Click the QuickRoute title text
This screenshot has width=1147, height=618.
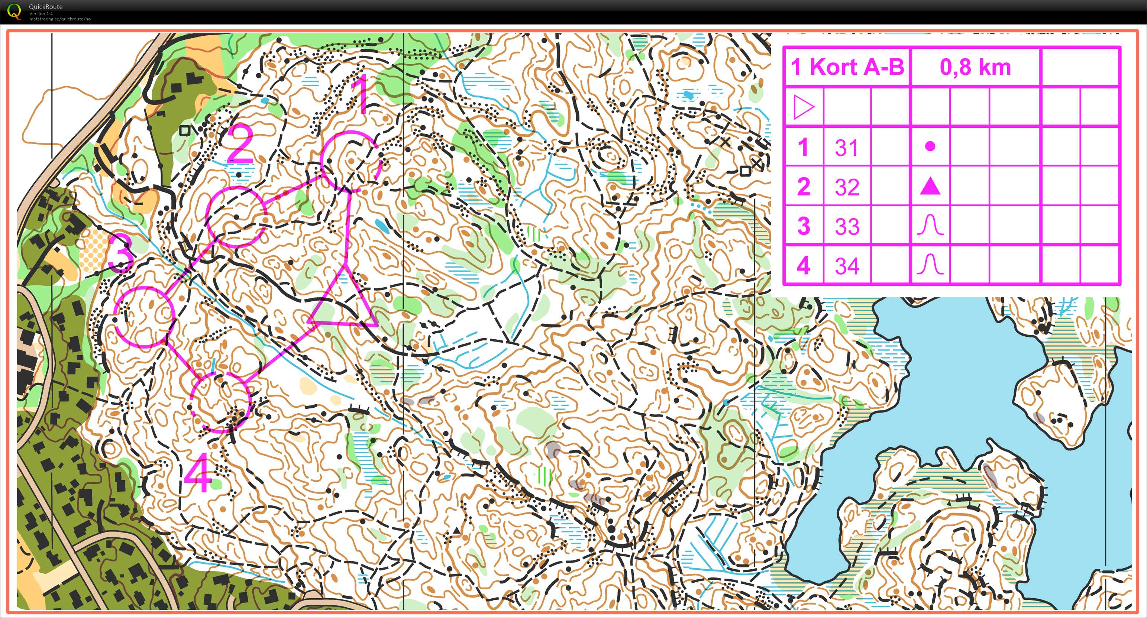pos(45,7)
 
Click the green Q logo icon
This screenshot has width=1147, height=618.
pos(14,11)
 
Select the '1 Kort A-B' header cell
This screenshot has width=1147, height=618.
pos(847,67)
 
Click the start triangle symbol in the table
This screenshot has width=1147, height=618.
pos(803,107)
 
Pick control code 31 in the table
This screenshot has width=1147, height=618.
pos(846,148)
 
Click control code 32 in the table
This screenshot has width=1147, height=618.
pos(846,187)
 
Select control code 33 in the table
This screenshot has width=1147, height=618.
pos(846,226)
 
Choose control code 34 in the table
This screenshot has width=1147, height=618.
pos(846,266)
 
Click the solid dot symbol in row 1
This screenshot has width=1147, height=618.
pos(930,146)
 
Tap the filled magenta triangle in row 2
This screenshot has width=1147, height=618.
pos(930,187)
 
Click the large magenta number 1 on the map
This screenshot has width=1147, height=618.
pos(362,94)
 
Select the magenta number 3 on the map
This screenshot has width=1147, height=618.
pos(121,253)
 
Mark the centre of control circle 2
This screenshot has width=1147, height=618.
pos(236,217)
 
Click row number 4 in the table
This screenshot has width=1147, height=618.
pos(803,266)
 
